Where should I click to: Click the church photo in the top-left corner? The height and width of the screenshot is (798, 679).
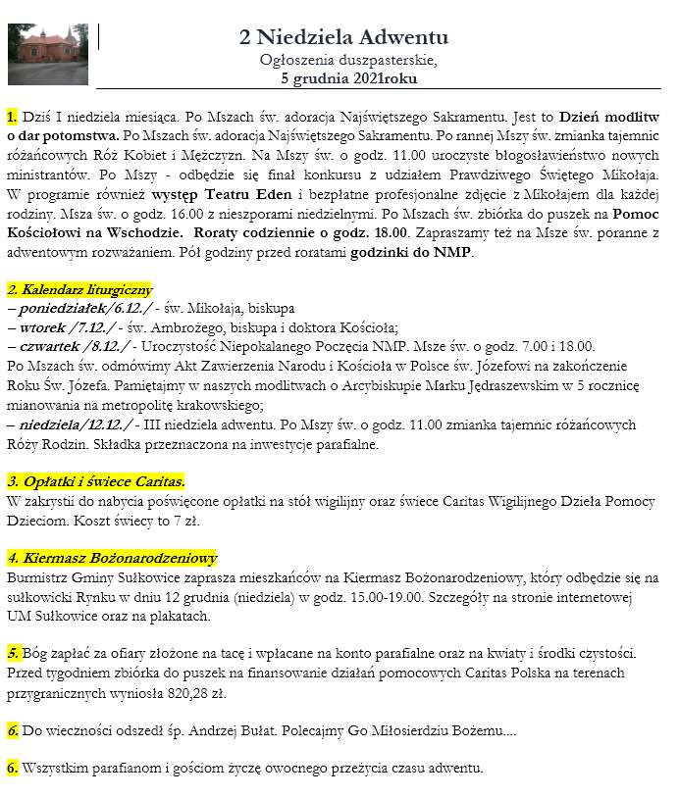point(47,54)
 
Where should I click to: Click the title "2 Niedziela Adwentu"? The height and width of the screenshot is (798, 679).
point(343,37)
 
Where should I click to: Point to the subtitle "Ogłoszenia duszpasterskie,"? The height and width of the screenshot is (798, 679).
point(343,59)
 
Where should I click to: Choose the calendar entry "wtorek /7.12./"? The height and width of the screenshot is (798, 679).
point(67,327)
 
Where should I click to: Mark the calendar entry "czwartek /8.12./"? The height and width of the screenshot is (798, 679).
point(73,346)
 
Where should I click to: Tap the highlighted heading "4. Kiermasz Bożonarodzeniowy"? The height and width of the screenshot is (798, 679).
point(112,558)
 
